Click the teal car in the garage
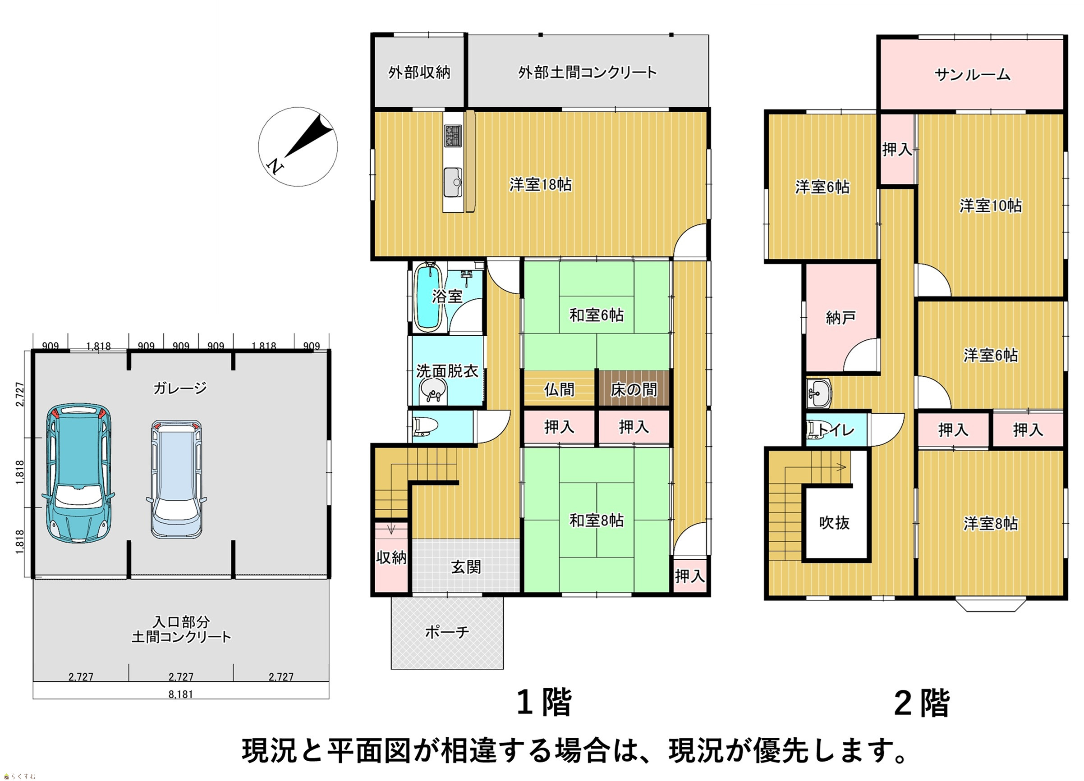tap(79, 473)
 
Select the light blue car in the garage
tap(176, 479)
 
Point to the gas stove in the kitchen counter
tap(453, 135)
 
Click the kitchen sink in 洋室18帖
tap(452, 182)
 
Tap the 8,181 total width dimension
tap(181, 694)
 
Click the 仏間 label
tap(559, 390)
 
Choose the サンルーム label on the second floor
tap(972, 74)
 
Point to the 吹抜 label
tap(835, 523)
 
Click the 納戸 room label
tap(841, 318)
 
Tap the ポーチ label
tap(447, 632)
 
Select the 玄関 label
tap(466, 567)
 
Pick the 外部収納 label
tap(419, 72)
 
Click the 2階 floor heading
tap(922, 703)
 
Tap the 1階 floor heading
tap(544, 703)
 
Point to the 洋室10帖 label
tap(991, 206)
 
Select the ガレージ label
tap(180, 388)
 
